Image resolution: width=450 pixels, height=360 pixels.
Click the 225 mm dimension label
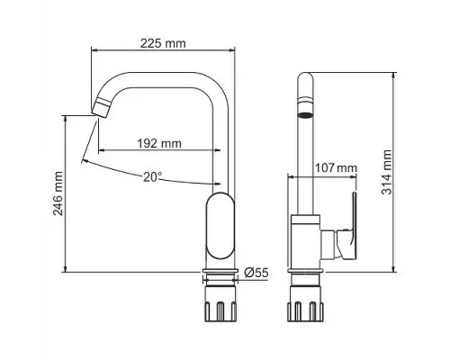pos(163,43)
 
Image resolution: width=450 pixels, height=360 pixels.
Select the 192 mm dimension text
pos(159,143)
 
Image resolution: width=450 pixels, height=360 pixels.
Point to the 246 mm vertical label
pos(58,193)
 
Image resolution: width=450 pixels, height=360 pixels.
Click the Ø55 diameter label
pos(256,273)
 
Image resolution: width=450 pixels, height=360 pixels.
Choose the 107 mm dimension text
pos(336,168)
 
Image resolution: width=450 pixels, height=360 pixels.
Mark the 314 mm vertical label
pos(387,172)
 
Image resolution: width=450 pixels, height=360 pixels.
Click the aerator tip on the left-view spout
pos(102,108)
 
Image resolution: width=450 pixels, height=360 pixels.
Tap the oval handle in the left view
pos(220,226)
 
